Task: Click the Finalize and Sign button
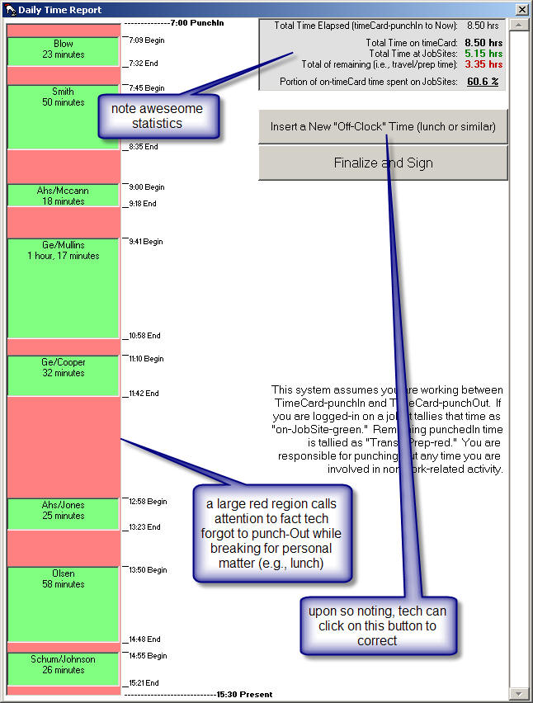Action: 383,163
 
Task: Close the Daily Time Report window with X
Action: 521,9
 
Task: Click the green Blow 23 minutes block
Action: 64,50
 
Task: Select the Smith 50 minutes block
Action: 63,116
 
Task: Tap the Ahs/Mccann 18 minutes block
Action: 64,196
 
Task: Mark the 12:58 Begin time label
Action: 148,501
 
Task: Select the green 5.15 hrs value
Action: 483,53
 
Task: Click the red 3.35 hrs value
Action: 483,64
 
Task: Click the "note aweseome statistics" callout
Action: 157,116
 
